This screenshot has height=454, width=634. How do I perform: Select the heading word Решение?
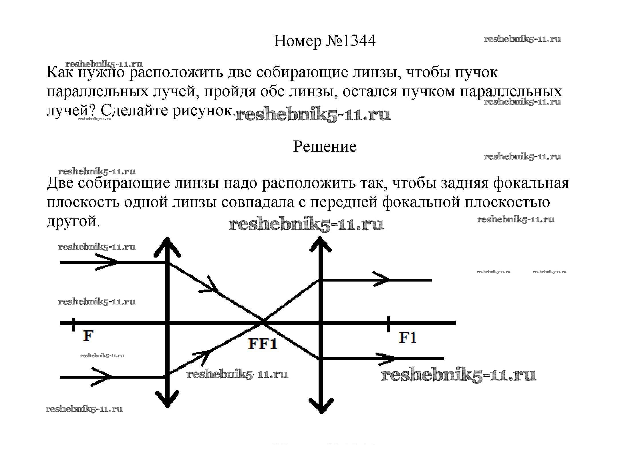pyautogui.click(x=325, y=147)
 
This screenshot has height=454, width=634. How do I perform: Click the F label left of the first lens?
pyautogui.click(x=88, y=336)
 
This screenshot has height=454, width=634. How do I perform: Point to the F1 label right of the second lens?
pyautogui.click(x=407, y=338)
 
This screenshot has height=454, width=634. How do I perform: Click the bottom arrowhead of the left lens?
pyautogui.click(x=167, y=400)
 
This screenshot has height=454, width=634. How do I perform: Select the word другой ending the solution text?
pyautogui.click(x=73, y=221)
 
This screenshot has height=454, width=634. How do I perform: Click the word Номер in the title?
pyautogui.click(x=297, y=41)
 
